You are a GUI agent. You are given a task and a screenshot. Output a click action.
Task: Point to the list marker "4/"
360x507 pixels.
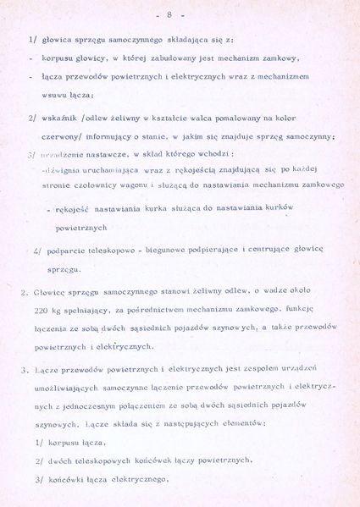(x=39, y=251)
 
